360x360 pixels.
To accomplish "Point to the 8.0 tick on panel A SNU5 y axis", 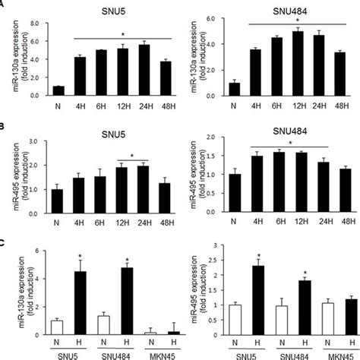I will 33,23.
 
